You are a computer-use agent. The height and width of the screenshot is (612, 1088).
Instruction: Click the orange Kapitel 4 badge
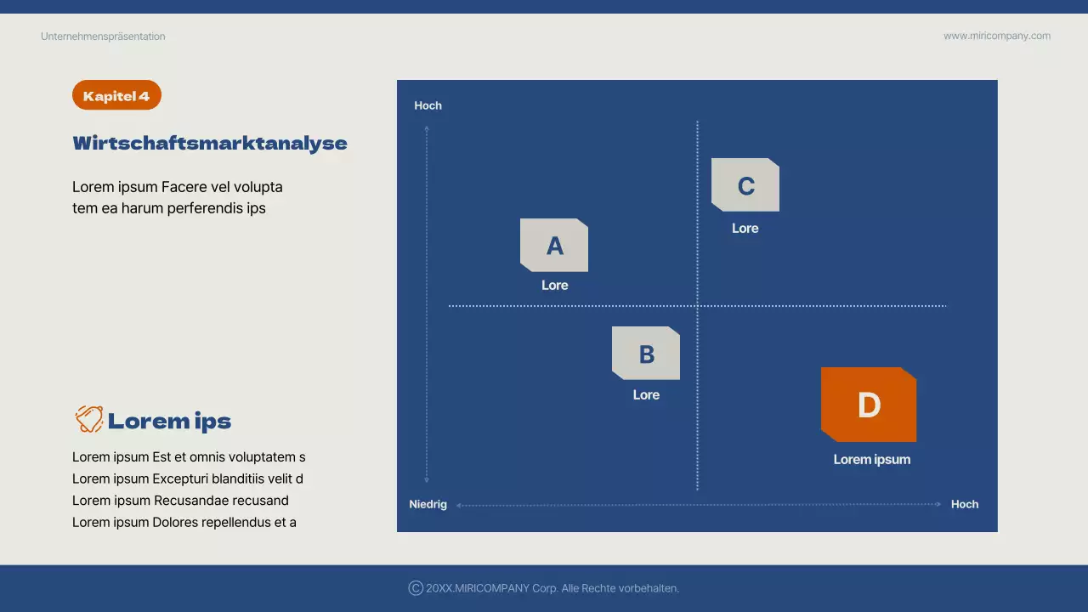[x=116, y=96]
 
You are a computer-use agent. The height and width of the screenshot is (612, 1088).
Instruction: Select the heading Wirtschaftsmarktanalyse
[x=210, y=143]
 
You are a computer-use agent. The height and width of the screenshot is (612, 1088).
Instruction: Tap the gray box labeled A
[x=554, y=246]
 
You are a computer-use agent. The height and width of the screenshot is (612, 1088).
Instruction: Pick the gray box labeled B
[x=646, y=354]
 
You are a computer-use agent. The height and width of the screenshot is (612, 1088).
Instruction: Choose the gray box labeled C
[x=745, y=185]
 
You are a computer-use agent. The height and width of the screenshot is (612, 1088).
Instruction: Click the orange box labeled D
[x=869, y=405]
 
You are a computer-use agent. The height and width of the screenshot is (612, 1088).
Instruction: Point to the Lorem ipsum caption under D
[x=871, y=460]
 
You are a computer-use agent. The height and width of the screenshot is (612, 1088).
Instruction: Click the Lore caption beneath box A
[x=554, y=286]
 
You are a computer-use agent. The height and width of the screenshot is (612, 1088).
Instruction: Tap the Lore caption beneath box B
[x=646, y=395]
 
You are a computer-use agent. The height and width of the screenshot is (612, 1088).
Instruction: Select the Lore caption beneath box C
[x=745, y=229]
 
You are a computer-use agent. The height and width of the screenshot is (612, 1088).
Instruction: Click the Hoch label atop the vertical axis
[x=428, y=105]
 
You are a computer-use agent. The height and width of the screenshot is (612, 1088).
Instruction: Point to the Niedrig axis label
[x=428, y=504]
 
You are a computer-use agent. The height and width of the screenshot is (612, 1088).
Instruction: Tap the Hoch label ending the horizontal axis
[x=964, y=504]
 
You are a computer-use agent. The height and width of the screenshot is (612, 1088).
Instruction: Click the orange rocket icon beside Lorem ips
[x=88, y=419]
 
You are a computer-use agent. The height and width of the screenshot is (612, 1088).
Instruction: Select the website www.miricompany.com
[x=996, y=36]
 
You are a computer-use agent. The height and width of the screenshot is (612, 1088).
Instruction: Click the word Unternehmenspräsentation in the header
[x=103, y=37]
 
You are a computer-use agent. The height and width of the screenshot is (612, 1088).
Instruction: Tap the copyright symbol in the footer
[x=416, y=588]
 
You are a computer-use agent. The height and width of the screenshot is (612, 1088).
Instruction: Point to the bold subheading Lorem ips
[x=169, y=421]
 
